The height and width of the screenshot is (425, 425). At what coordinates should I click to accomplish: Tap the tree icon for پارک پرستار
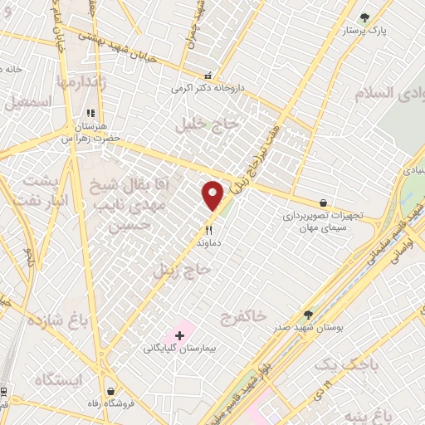click(x=364, y=17)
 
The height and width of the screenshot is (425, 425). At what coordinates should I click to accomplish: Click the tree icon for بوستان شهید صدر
click(x=309, y=315)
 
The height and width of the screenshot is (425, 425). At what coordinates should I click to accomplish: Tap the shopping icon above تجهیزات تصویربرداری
click(x=322, y=202)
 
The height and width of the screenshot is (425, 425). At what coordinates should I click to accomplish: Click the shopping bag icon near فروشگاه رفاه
click(x=110, y=390)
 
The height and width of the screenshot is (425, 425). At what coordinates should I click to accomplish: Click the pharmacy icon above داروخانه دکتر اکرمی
click(x=208, y=75)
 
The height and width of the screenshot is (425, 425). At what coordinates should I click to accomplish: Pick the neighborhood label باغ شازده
click(x=56, y=320)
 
